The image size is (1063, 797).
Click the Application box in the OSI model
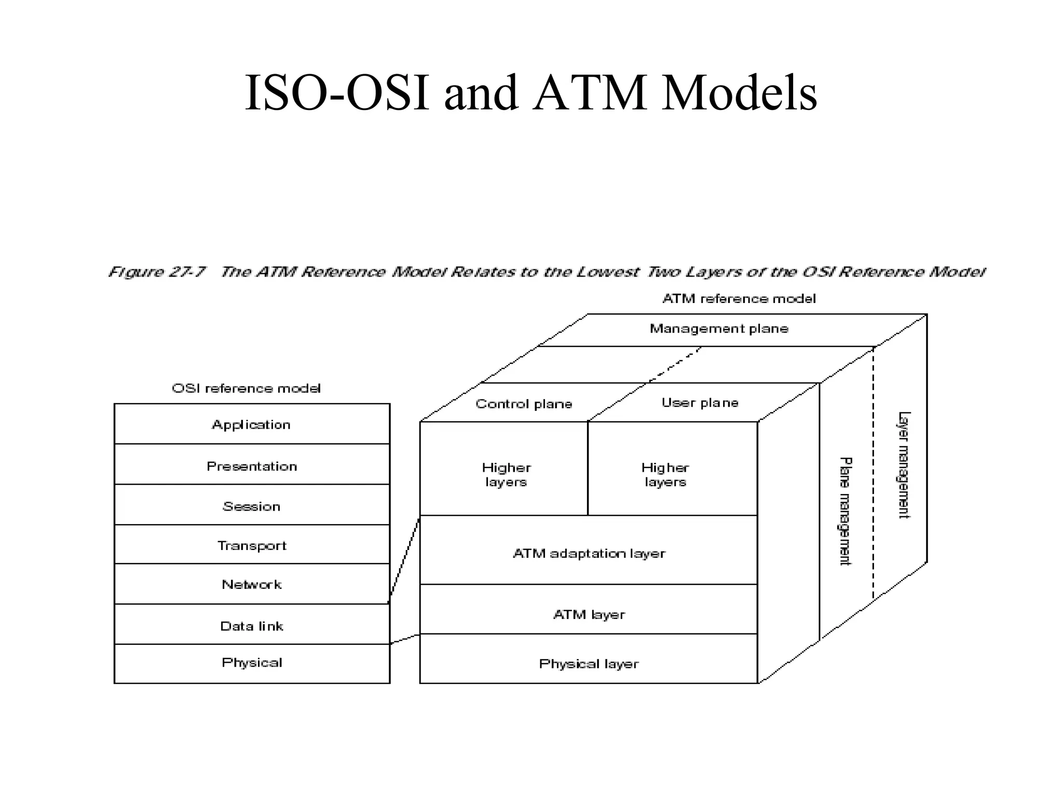click(x=252, y=424)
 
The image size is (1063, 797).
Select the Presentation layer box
click(x=252, y=465)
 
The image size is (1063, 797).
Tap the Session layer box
click(x=252, y=505)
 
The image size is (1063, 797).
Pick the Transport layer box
click(x=252, y=545)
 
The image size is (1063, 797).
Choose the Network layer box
click(x=252, y=584)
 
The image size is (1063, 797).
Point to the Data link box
click(x=252, y=625)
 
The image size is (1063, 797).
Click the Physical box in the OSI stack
click(x=252, y=663)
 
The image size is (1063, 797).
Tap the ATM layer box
click(x=589, y=614)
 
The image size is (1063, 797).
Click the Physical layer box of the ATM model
click(x=589, y=663)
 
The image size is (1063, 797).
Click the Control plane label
click(x=524, y=404)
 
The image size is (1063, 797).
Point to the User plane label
click(x=700, y=402)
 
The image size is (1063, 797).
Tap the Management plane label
click(x=719, y=328)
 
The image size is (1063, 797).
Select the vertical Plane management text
click(x=845, y=511)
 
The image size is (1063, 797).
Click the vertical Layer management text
click(x=904, y=465)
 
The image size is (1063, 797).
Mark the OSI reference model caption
click(x=246, y=388)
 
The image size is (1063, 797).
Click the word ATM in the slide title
click(x=590, y=93)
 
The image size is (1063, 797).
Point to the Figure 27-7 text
click(x=157, y=271)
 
